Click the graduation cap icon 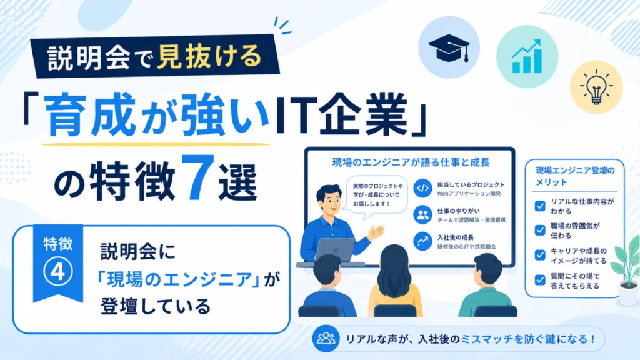[x=449, y=47]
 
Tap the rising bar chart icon [x=527, y=56]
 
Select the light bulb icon [x=596, y=87]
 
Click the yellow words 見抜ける [x=209, y=56]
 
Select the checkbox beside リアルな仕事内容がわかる [x=540, y=206]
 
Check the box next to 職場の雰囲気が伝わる [x=540, y=231]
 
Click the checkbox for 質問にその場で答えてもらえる [x=540, y=281]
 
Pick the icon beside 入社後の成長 [x=422, y=241]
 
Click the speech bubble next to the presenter [x=375, y=196]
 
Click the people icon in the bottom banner [x=326, y=339]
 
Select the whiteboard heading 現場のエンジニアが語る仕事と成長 [x=411, y=162]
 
